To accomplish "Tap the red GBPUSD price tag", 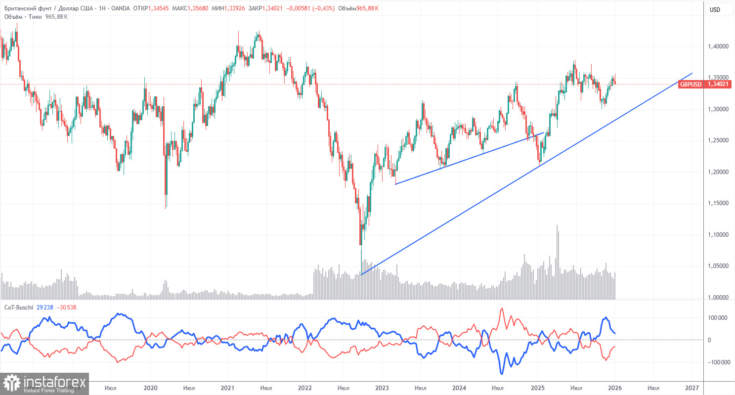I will pos(690,85).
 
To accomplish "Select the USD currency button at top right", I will pos(714,10).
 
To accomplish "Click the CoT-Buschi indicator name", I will pos(18,307).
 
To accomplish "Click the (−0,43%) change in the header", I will pos(322,8).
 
